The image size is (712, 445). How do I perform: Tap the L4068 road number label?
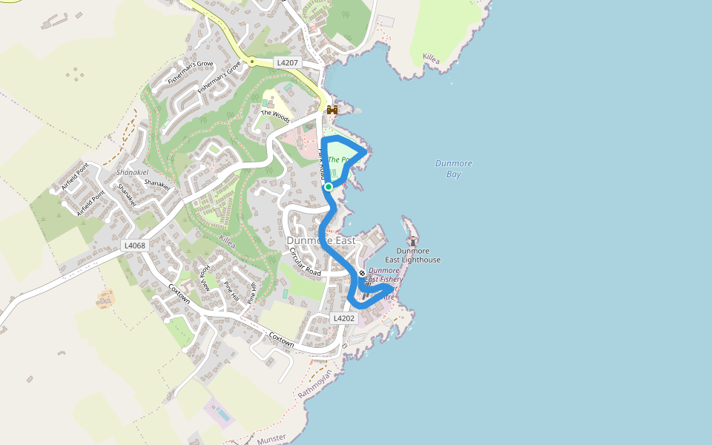135,245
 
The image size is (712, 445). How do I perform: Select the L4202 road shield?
344,317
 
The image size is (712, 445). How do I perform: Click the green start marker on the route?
329,187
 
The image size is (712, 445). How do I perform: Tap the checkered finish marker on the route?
362,273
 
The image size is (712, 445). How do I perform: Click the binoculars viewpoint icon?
332,110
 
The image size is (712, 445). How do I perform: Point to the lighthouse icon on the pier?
413,241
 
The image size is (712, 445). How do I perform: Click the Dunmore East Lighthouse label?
412,256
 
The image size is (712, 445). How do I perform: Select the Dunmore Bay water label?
454,168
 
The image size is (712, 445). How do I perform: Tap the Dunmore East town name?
321,241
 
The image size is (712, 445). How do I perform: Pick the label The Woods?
275,117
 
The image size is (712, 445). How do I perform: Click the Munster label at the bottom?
271,440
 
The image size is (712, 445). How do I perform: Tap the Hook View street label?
205,277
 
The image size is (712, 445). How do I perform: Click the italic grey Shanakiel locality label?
133,172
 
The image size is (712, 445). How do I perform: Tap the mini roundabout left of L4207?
252,62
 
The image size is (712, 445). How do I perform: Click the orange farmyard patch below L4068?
106,299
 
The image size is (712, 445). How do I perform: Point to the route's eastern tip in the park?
364,152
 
